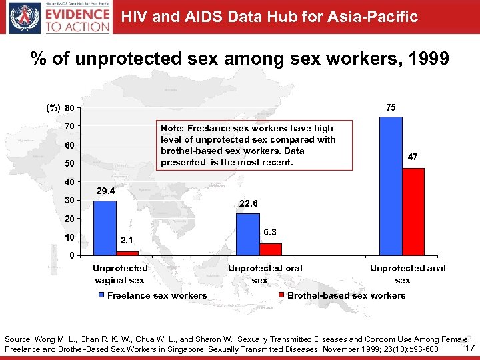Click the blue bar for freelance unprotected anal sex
(x=391, y=186)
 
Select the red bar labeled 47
(x=413, y=211)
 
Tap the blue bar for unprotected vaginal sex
(x=105, y=228)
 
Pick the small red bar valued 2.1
(x=127, y=253)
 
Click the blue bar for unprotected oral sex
(x=248, y=234)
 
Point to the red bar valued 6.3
(x=271, y=249)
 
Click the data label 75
(x=391, y=107)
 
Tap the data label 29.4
(x=105, y=191)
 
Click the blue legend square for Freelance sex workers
(x=101, y=295)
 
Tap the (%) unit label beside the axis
(x=53, y=108)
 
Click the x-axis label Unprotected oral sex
(x=265, y=274)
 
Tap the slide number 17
(x=469, y=348)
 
